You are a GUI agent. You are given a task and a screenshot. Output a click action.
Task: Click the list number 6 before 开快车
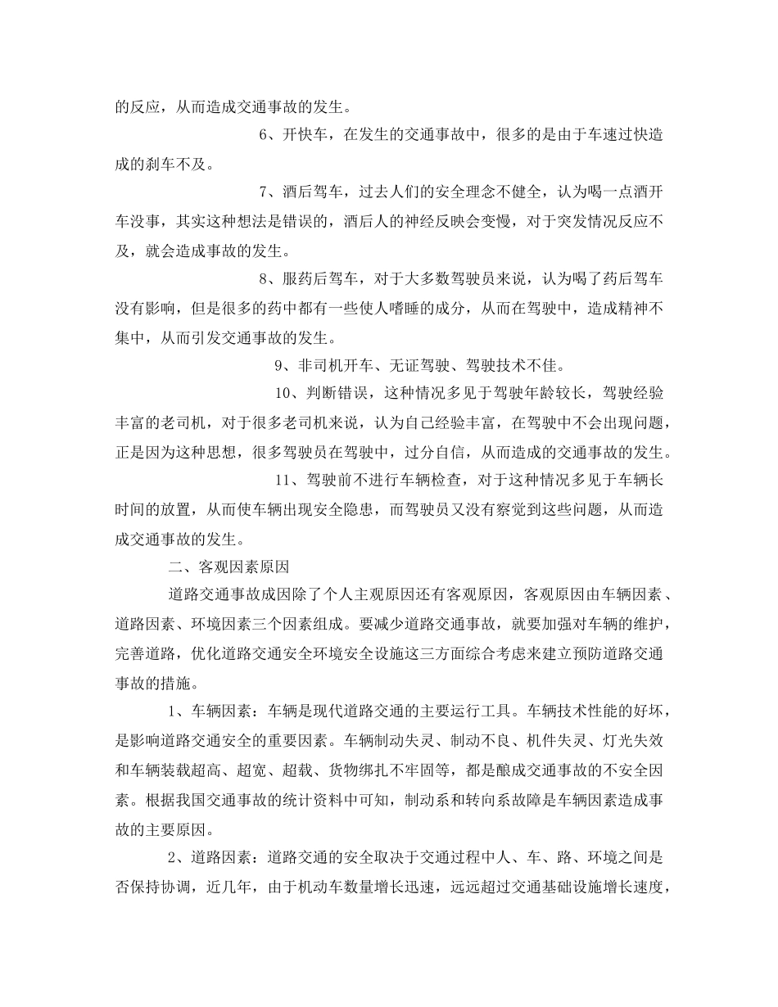click(x=265, y=135)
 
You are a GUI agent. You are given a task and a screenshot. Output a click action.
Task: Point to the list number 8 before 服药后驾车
click(x=265, y=279)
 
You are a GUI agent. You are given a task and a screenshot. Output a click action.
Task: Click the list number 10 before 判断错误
click(x=283, y=394)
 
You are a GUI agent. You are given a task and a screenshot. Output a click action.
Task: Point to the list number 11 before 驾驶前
click(x=283, y=480)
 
